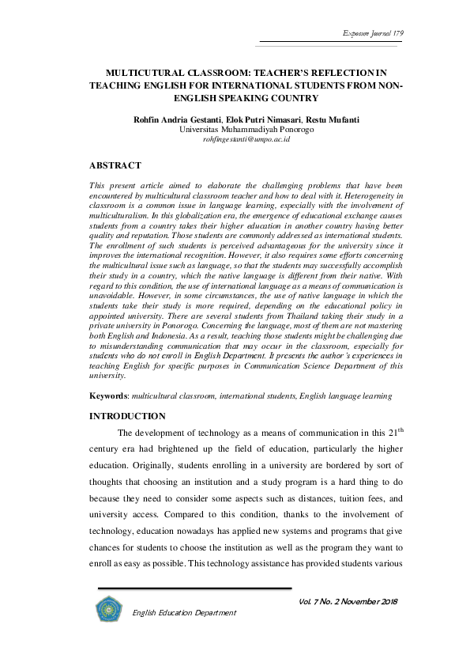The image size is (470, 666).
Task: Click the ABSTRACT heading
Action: click(x=115, y=165)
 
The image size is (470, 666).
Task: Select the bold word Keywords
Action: click(x=108, y=394)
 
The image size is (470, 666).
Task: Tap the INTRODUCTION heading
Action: click(x=127, y=416)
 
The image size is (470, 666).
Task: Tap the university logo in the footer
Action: click(x=107, y=611)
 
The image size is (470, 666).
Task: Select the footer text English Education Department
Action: click(x=184, y=613)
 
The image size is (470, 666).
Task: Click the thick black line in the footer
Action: click(x=194, y=590)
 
